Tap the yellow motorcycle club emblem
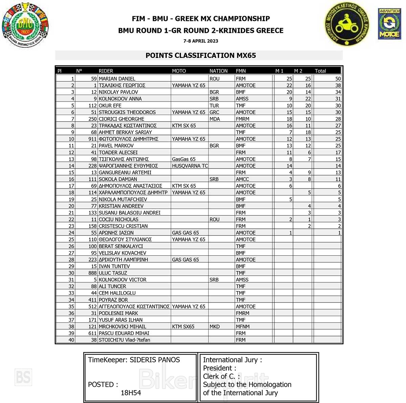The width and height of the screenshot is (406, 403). click(x=347, y=24)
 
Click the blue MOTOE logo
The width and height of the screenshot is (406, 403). click(x=389, y=24)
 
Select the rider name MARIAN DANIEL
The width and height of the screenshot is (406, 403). click(x=117, y=79)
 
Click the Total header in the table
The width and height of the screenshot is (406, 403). click(x=320, y=71)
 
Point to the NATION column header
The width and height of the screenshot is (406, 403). click(x=218, y=71)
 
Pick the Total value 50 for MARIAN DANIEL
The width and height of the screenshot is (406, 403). click(x=338, y=79)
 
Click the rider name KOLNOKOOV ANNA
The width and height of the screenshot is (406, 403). click(x=120, y=99)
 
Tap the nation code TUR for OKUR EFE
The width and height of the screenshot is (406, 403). click(x=214, y=106)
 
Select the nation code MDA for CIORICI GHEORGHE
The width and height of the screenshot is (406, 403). click(x=215, y=119)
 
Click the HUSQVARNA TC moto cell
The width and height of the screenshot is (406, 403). click(x=190, y=166)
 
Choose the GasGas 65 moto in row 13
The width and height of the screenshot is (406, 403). click(x=184, y=159)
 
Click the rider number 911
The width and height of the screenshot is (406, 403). click(x=92, y=139)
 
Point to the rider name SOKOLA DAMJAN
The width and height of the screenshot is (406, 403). click(x=118, y=179)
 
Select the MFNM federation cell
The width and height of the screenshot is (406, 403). click(x=243, y=327)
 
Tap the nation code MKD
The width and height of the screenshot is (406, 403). click(x=215, y=327)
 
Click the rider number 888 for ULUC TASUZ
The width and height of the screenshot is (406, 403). click(x=92, y=273)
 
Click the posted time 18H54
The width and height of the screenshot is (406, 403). click(x=131, y=393)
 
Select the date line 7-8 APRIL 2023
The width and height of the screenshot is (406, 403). click(x=201, y=41)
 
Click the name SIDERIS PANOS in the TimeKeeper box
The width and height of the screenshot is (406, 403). click(x=155, y=360)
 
